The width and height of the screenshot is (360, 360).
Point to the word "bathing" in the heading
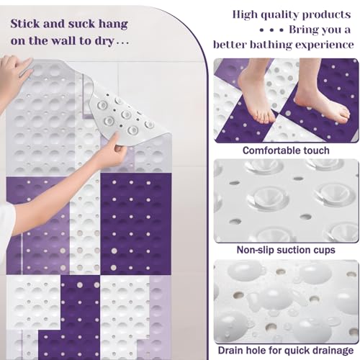(x=271, y=45)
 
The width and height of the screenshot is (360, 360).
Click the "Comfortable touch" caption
(x=286, y=150)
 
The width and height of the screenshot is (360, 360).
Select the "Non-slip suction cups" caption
(x=286, y=250)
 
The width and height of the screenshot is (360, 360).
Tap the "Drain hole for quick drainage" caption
(x=286, y=351)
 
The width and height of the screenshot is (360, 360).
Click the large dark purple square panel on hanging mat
(x=135, y=224)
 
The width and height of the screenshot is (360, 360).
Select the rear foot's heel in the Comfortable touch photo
(x=246, y=81)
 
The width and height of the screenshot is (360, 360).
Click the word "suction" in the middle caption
(x=294, y=250)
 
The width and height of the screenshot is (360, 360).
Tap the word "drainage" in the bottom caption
(x=331, y=351)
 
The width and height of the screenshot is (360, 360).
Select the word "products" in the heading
(x=326, y=15)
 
